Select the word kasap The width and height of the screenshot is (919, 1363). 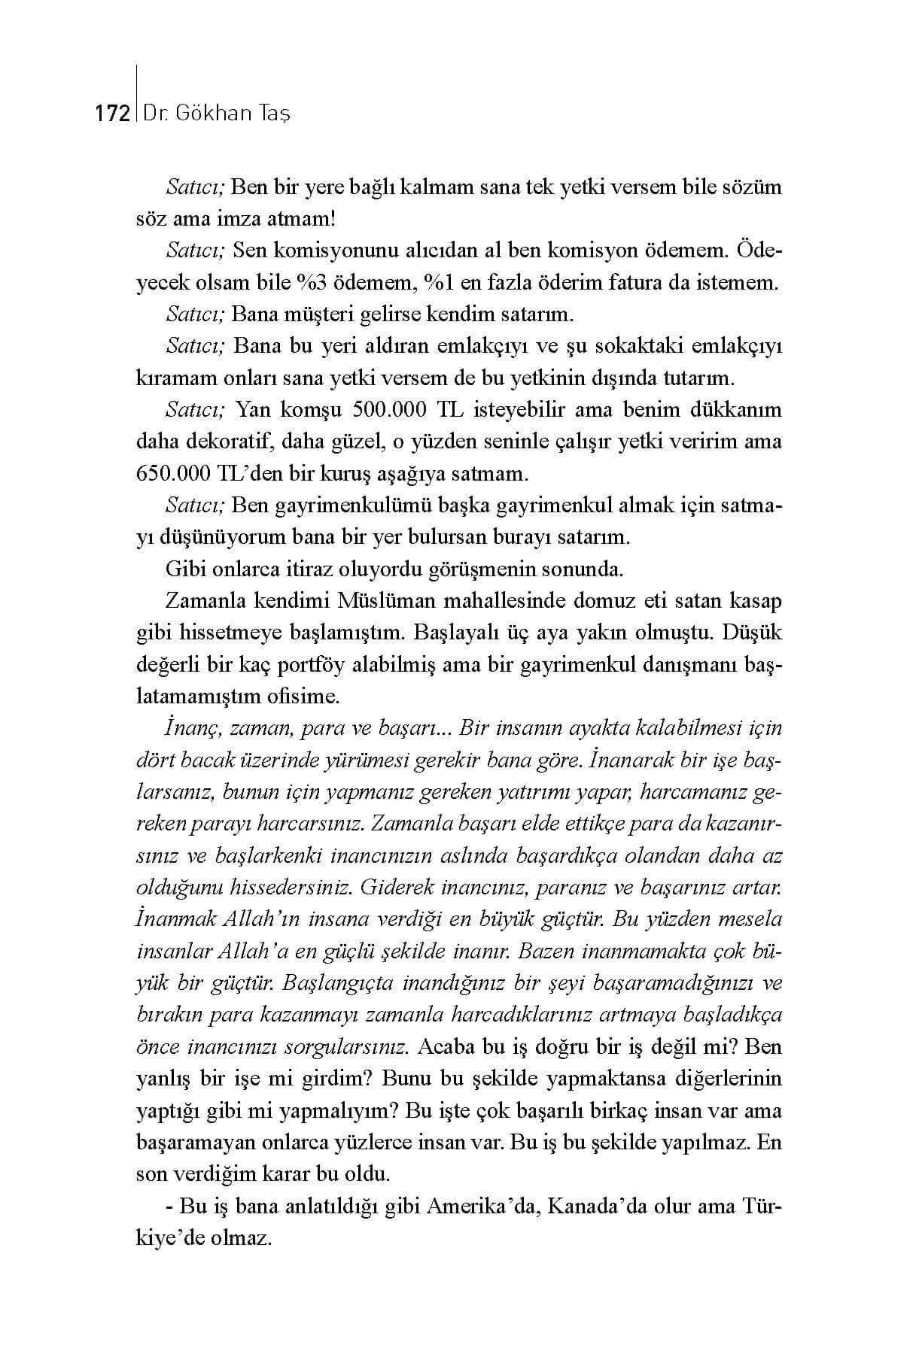click(x=755, y=602)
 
